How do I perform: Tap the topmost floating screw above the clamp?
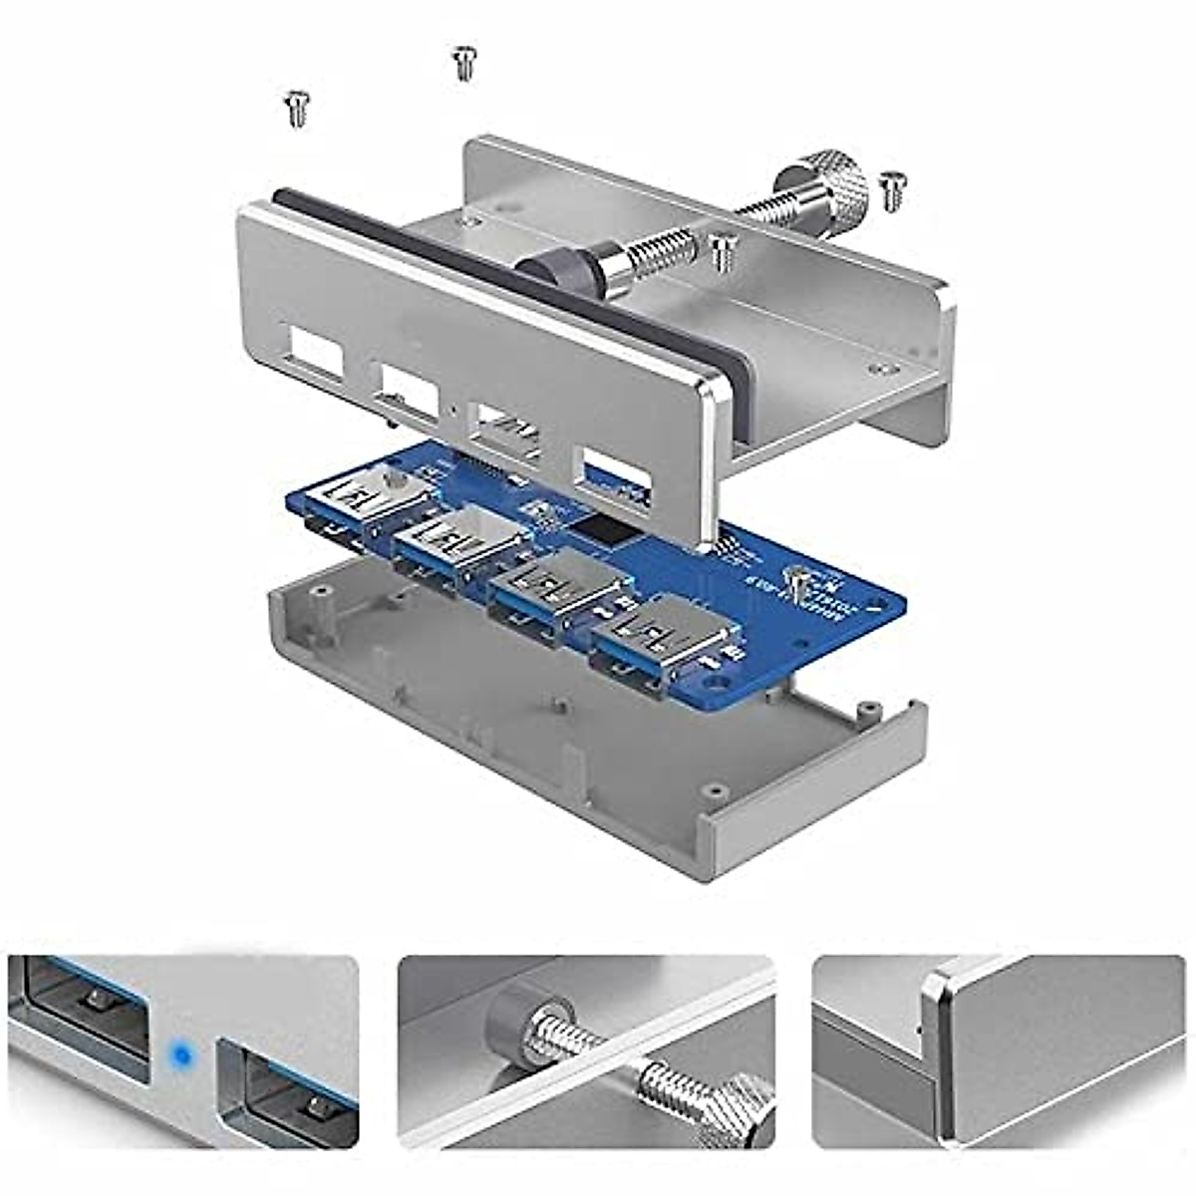pos(462,63)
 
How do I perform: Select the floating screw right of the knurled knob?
pos(894,190)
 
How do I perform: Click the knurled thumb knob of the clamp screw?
pos(835,182)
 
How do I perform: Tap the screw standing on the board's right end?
pos(796,584)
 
